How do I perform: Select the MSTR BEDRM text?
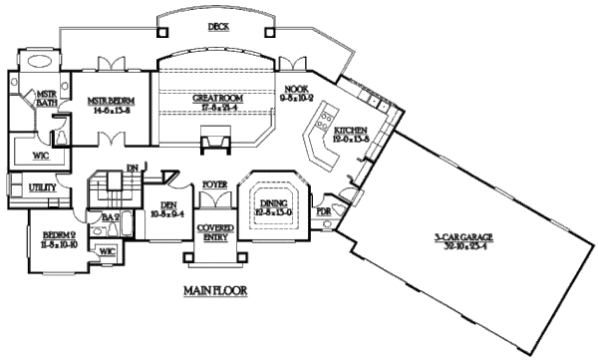pos(110,100)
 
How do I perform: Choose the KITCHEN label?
pos(351,131)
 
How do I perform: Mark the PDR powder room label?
pos(323,212)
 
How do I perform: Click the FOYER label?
pos(213,184)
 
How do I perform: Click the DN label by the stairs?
pos(131,167)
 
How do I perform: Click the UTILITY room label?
pos(42,186)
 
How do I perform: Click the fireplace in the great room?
pos(210,144)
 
